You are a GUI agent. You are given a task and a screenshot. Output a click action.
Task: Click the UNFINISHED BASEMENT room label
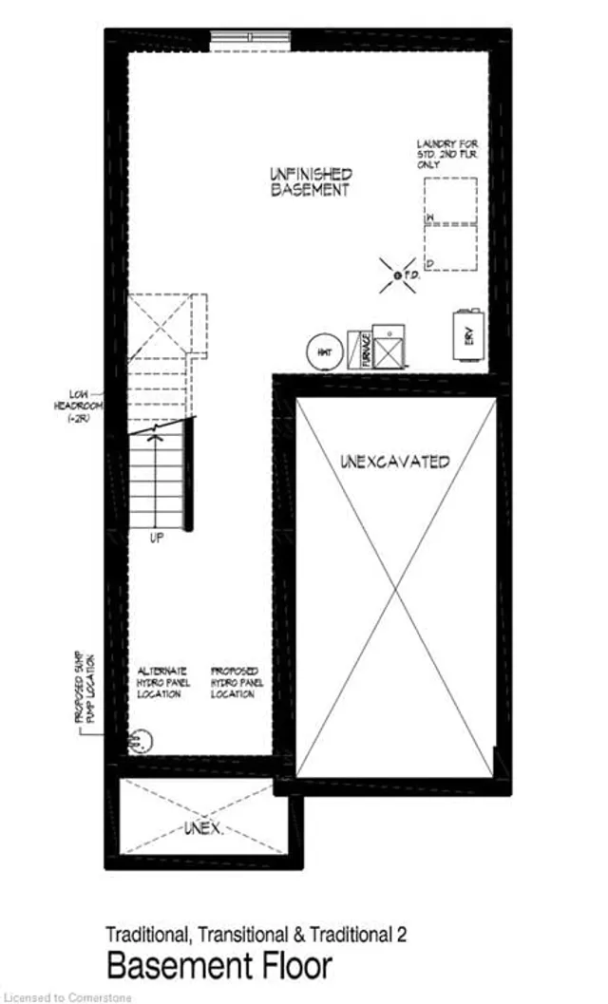click(310, 181)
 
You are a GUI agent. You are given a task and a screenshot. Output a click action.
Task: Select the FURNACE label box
click(360, 349)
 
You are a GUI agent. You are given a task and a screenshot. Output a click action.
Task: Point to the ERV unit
click(469, 335)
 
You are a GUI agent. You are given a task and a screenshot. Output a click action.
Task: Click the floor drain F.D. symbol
click(394, 275)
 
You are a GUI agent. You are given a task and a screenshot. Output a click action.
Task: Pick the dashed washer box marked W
click(449, 201)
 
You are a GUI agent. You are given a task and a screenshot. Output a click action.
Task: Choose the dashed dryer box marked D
click(449, 248)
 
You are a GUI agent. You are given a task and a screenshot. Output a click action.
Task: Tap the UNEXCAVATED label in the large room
click(394, 462)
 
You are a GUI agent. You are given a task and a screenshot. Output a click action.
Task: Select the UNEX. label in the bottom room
click(202, 829)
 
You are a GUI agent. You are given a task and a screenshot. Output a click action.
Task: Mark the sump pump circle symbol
click(139, 738)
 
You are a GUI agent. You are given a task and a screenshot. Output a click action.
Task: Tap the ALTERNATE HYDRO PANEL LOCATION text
click(163, 681)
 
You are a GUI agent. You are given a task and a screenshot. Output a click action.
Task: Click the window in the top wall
click(251, 38)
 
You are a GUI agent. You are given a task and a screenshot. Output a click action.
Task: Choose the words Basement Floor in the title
click(219, 966)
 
